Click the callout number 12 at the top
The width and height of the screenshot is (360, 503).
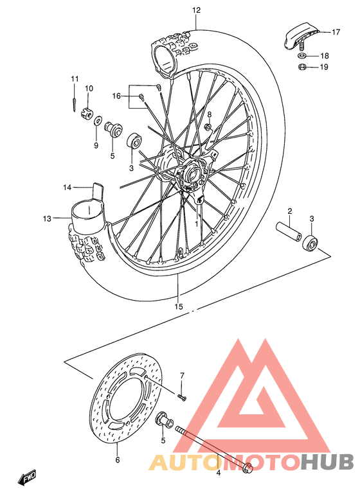coord(196,10)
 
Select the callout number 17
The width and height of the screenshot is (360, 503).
coord(335,31)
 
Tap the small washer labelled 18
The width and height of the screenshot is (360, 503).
coord(302,56)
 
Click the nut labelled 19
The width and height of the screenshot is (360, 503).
coord(301,67)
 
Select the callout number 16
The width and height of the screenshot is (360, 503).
coord(116,96)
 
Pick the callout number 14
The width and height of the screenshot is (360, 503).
coord(67,188)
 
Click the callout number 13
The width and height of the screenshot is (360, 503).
coord(47,218)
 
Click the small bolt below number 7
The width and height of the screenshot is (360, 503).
coord(183,399)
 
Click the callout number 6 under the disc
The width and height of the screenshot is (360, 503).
coord(118,460)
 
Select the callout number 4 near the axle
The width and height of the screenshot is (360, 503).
coord(218,473)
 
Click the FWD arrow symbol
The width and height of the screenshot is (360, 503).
coord(28,478)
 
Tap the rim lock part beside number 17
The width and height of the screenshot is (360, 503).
coord(299,35)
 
